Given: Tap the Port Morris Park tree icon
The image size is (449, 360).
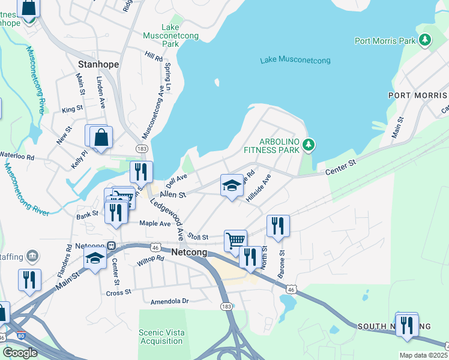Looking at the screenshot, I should (x=425, y=40).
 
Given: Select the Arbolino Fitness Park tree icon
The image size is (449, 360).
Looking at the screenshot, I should (x=309, y=145).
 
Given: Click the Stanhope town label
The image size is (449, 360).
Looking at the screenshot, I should (x=98, y=64).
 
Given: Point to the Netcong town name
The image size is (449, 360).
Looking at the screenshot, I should (x=189, y=253).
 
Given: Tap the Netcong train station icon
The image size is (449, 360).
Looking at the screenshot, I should (x=112, y=245).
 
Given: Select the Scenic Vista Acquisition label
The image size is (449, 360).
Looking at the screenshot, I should (x=160, y=337).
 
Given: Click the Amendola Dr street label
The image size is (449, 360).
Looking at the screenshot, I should (x=169, y=301).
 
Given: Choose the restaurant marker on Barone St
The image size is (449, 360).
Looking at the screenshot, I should (x=278, y=226).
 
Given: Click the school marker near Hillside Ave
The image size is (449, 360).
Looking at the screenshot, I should (x=232, y=185).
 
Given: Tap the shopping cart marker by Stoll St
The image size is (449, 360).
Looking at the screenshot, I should (x=235, y=241).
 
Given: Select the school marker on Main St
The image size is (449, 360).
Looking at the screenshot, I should (x=95, y=259).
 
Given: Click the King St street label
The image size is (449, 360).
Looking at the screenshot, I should (x=72, y=109).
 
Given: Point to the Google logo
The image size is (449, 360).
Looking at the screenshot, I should (x=20, y=353).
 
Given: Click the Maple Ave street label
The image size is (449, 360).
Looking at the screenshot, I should (x=155, y=223).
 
